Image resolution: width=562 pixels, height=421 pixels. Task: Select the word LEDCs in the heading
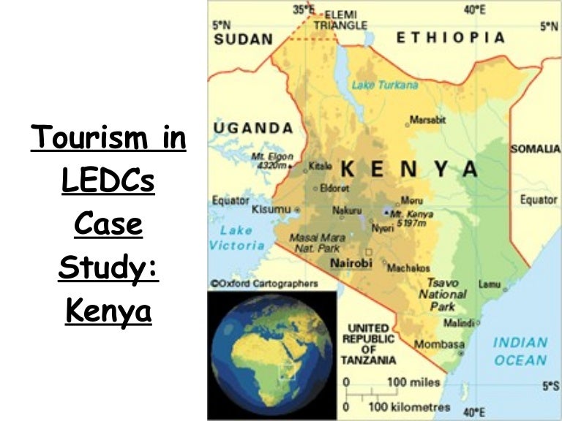[108, 181]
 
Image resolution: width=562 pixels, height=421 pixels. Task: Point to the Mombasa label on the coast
[439, 344]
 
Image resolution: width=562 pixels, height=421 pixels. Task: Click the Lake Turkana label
[384, 86]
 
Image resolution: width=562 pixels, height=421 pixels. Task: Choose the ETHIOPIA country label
[451, 37]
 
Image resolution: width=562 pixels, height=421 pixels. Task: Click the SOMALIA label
[535, 148]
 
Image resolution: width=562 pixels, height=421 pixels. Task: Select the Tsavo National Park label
[442, 294]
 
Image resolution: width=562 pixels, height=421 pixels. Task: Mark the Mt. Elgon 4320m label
[272, 161]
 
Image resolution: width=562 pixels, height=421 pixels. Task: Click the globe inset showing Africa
[271, 353]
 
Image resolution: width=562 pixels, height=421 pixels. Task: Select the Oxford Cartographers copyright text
[263, 283]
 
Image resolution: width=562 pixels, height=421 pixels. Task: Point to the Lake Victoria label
[236, 238]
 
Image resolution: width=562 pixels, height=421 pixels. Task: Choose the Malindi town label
[459, 322]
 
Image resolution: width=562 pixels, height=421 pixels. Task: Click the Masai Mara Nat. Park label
[315, 243]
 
